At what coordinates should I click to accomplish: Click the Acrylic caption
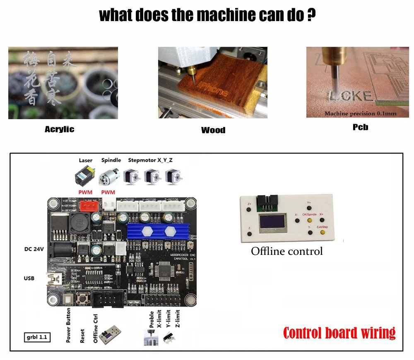[59, 130]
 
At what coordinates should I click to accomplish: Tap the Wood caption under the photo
[213, 130]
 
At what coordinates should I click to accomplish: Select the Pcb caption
[360, 127]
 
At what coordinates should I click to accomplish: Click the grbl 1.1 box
[37, 337]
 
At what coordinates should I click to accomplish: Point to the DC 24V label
[34, 249]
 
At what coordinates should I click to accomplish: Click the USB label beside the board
[29, 278]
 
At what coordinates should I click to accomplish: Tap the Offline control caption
[287, 251]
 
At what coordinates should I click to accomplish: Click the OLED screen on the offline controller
[272, 224]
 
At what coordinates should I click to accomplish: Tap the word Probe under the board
[152, 319]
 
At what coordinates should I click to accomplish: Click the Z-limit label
[177, 319]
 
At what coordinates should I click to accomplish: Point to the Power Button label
[69, 325]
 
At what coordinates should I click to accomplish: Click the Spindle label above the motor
[111, 160]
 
